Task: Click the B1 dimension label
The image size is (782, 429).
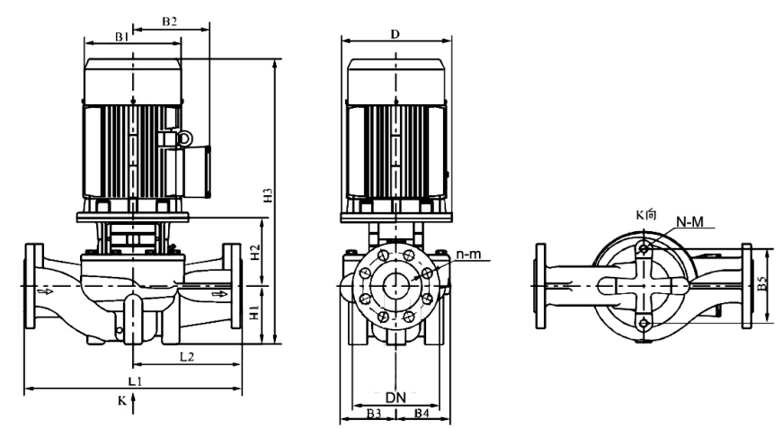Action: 123,36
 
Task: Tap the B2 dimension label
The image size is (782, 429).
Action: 170,20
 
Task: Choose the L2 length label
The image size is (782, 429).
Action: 187,357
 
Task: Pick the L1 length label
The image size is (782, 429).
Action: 134,382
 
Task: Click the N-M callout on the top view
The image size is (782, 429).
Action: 689,219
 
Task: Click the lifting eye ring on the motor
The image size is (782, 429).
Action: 184,138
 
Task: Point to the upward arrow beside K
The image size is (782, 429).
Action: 133,407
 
